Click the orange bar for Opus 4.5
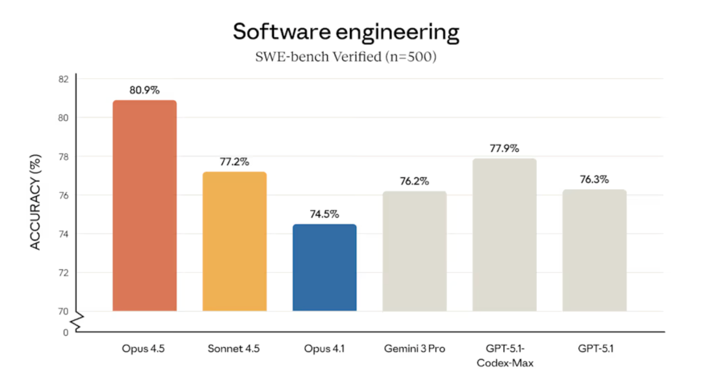tap(144, 205)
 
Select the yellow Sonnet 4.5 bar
tap(235, 241)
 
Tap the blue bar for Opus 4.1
tap(324, 268)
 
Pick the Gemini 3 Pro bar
tap(415, 251)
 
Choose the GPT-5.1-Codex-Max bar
tap(504, 234)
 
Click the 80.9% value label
tap(144, 90)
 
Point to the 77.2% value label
tap(235, 162)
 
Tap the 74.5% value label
tap(324, 214)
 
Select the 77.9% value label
tap(504, 149)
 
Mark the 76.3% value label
tap(595, 179)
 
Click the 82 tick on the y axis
tap(64, 79)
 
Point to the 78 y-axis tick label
tap(64, 157)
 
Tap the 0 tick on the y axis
tap(66, 333)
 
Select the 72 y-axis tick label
tap(64, 273)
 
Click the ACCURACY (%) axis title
tap(35, 202)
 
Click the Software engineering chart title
tap(346, 32)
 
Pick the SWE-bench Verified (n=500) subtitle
tap(346, 57)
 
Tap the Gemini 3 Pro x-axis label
tap(415, 349)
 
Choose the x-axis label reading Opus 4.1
tap(324, 349)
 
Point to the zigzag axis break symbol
tap(79, 322)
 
